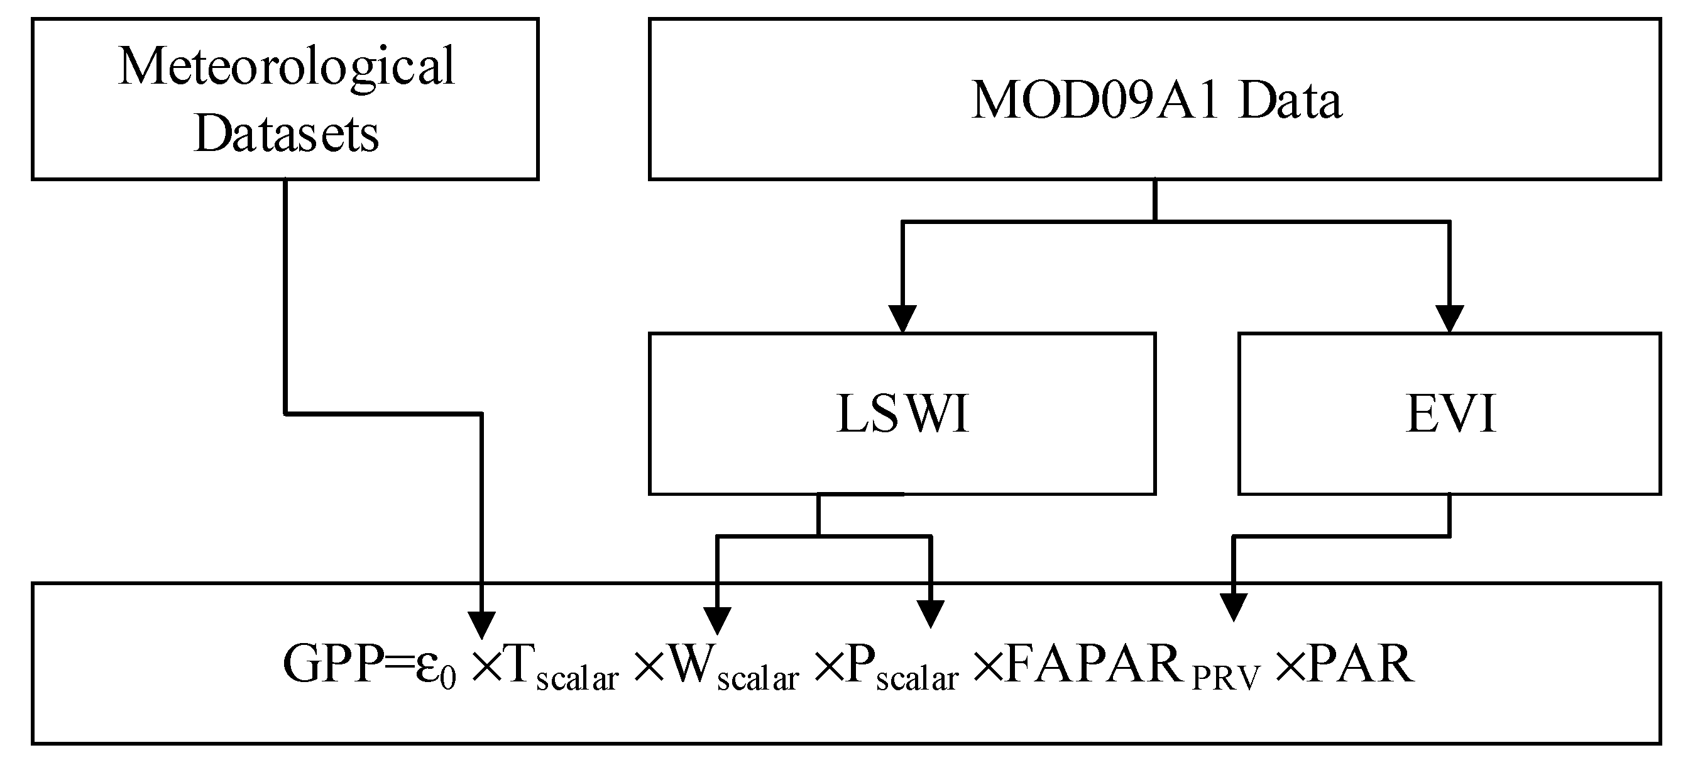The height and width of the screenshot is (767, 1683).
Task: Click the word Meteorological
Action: [286, 67]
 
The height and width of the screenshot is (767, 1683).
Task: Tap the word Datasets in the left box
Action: [286, 134]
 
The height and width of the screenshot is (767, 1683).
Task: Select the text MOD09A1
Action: [1095, 101]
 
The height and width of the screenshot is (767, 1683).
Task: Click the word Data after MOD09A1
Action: [1290, 101]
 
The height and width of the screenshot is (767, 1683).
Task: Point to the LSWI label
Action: [902, 414]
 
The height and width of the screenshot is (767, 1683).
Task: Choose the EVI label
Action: [1450, 414]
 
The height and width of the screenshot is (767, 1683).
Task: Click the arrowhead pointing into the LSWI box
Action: [902, 319]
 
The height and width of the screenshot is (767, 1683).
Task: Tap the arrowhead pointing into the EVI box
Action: [1450, 319]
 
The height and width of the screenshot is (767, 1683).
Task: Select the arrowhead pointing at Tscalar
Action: [482, 624]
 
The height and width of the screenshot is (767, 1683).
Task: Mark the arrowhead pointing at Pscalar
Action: [931, 613]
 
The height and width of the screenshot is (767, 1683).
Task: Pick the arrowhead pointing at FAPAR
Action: [1234, 607]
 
